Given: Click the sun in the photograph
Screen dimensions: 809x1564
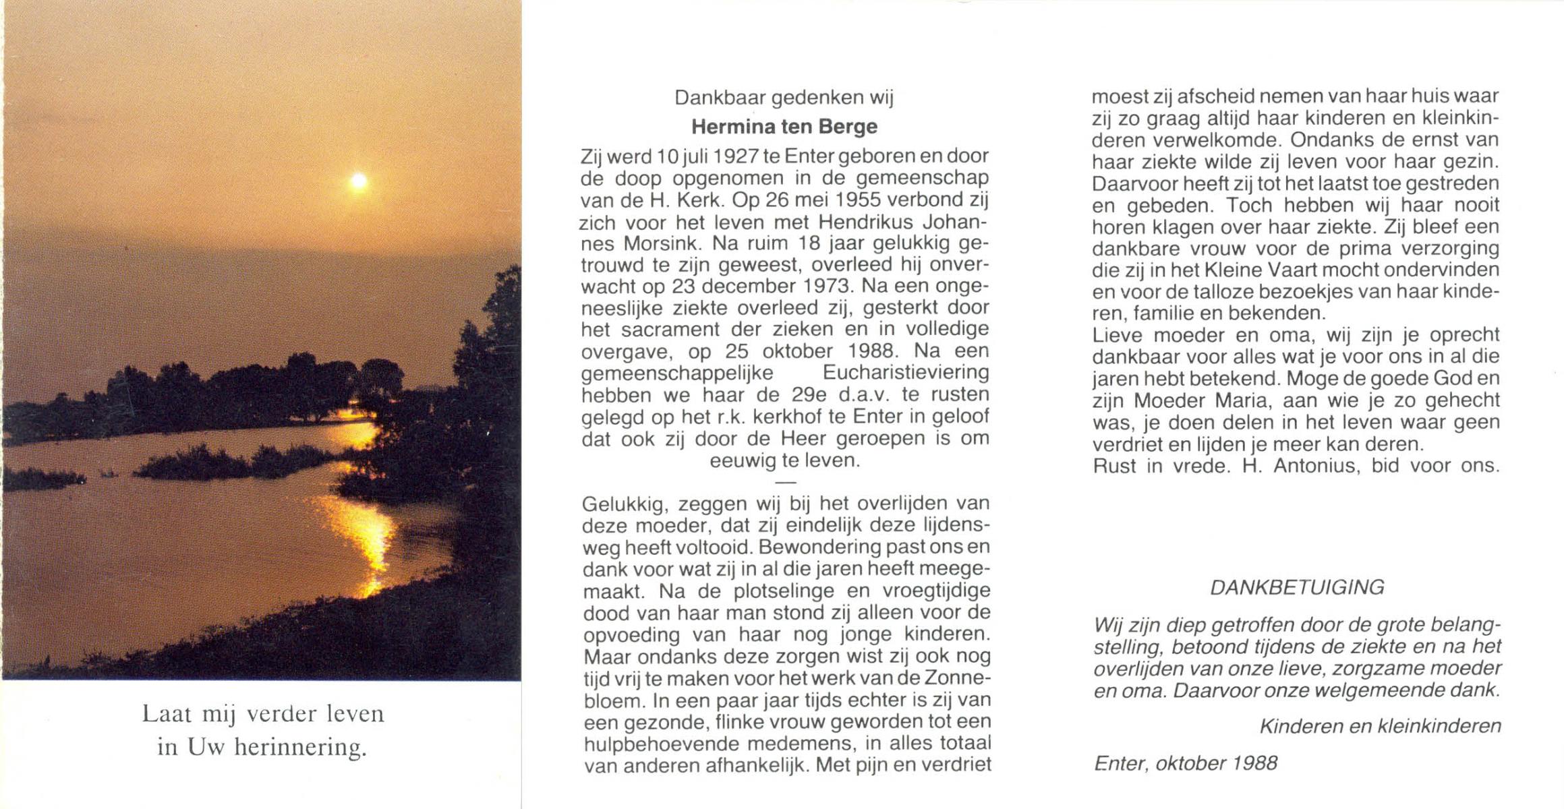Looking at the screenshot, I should click(x=358, y=181).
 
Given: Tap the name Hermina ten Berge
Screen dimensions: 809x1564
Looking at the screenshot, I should click(x=784, y=127).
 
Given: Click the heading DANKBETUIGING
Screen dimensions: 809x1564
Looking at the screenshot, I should click(x=1297, y=588).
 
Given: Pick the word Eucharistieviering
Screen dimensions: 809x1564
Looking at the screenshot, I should click(x=906, y=373).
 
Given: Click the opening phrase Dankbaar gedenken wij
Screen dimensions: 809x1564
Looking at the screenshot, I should click(x=784, y=98).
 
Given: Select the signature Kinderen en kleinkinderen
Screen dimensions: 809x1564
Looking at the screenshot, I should click(x=1380, y=726).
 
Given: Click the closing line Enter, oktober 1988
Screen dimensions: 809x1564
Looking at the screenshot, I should click(x=1185, y=763).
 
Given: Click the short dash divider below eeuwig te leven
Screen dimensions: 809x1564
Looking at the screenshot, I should click(x=785, y=483).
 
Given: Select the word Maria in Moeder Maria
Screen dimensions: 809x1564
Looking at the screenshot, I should click(x=1243, y=400).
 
